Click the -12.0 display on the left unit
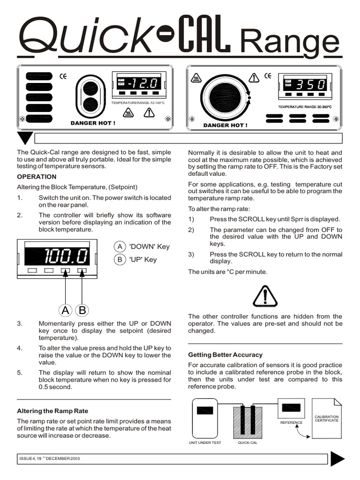[x=140, y=84]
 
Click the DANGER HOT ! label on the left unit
[x=92, y=123]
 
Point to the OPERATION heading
[x=37, y=177]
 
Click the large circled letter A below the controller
[x=66, y=310]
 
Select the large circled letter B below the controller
[x=82, y=310]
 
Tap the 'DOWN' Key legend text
[x=149, y=247]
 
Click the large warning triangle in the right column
[x=265, y=295]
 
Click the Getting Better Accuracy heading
[x=225, y=355]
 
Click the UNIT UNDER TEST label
[x=204, y=442]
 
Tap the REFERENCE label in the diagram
[x=291, y=422]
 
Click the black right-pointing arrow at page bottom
[x=337, y=458]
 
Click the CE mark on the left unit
[x=63, y=76]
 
